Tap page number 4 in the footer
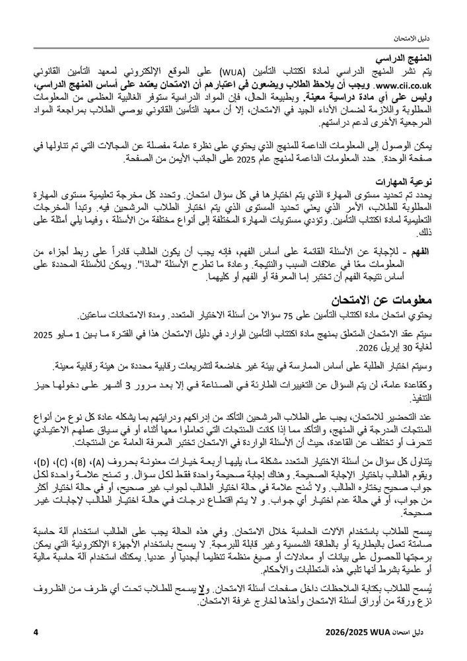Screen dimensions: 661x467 pos(35,633)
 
